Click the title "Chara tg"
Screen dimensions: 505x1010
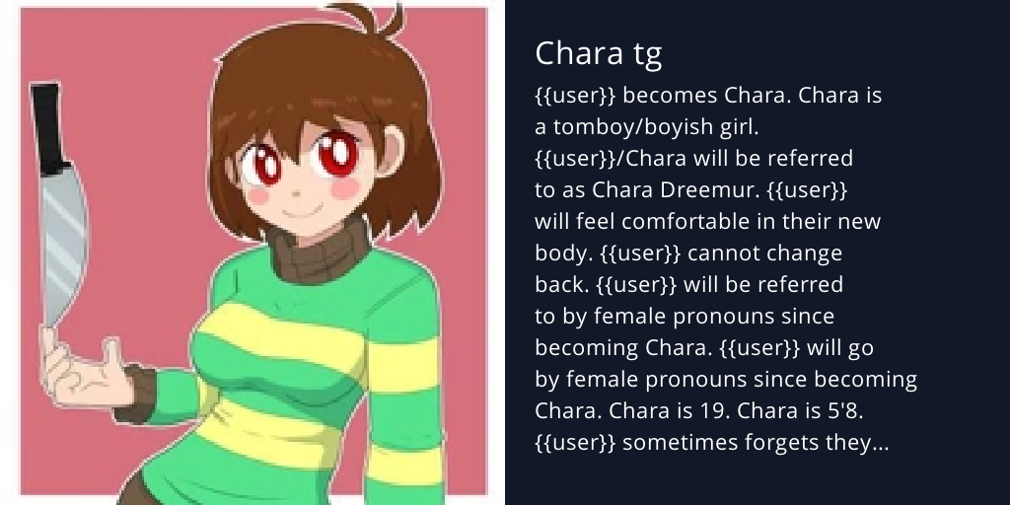point(598,53)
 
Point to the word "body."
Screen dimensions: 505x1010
point(563,253)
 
